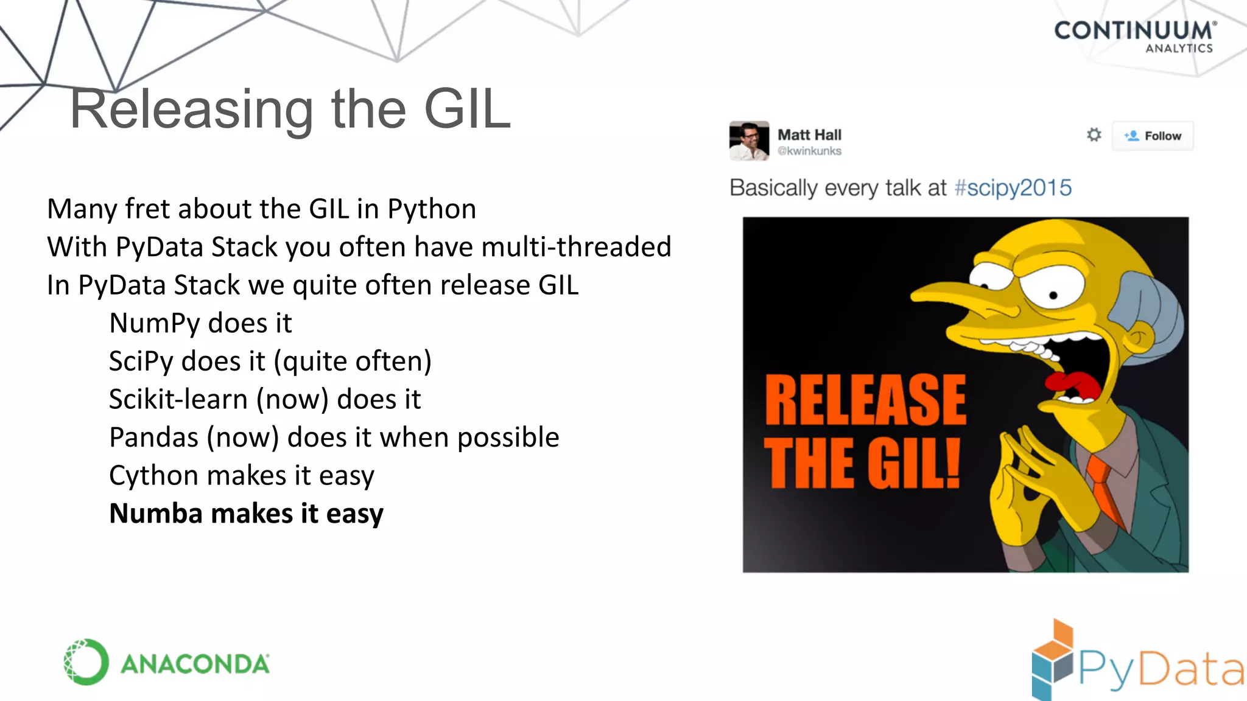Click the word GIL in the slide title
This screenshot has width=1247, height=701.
[x=467, y=110]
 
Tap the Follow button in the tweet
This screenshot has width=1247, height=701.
[x=1153, y=136]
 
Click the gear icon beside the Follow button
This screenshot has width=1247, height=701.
[x=1094, y=135]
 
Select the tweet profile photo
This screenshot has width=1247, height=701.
[x=749, y=141]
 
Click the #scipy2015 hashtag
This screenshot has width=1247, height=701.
[x=1013, y=188]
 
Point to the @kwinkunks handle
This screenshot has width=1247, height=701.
[x=809, y=151]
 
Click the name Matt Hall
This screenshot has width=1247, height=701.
[x=809, y=134]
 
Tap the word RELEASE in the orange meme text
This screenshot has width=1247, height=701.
[x=865, y=400]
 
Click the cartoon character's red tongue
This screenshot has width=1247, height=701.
[x=1072, y=383]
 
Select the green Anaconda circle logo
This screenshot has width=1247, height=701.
[x=86, y=662]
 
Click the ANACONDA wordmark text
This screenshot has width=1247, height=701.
[x=195, y=664]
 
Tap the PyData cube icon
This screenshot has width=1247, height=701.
[x=1052, y=660]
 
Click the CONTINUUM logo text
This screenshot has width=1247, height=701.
[x=1134, y=30]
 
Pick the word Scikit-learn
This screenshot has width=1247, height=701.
[x=178, y=400]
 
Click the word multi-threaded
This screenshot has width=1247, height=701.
[x=575, y=247]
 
